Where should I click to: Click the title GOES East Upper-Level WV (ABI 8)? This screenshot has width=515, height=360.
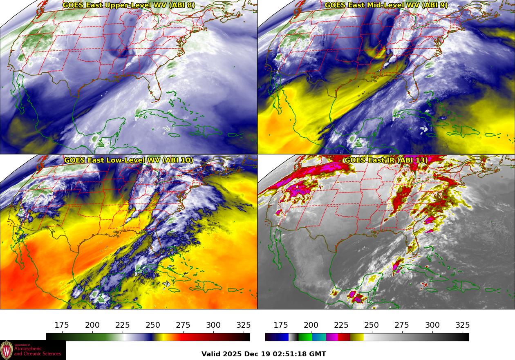(x=128, y=5)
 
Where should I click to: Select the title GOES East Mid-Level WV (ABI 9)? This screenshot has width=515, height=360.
(x=386, y=5)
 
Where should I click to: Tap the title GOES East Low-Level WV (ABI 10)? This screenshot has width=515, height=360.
(x=128, y=160)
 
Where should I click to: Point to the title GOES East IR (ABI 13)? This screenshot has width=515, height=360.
(x=386, y=160)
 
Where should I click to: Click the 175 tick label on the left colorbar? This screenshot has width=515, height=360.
(x=62, y=325)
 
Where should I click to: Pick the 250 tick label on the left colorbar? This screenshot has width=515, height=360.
(x=153, y=325)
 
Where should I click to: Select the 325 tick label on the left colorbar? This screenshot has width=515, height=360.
(x=244, y=325)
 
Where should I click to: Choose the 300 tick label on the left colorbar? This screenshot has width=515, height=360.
(x=213, y=325)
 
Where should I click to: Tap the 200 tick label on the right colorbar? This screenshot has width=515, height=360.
(x=311, y=325)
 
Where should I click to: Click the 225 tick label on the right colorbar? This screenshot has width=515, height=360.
(x=341, y=325)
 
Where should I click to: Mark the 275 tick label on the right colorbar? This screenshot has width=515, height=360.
(x=402, y=325)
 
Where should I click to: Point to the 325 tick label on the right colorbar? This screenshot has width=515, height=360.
(x=463, y=325)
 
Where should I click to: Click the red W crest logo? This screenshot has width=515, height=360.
(x=7, y=350)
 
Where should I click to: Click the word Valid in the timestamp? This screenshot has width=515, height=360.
(x=211, y=354)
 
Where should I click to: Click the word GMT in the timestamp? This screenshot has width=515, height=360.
(x=318, y=354)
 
